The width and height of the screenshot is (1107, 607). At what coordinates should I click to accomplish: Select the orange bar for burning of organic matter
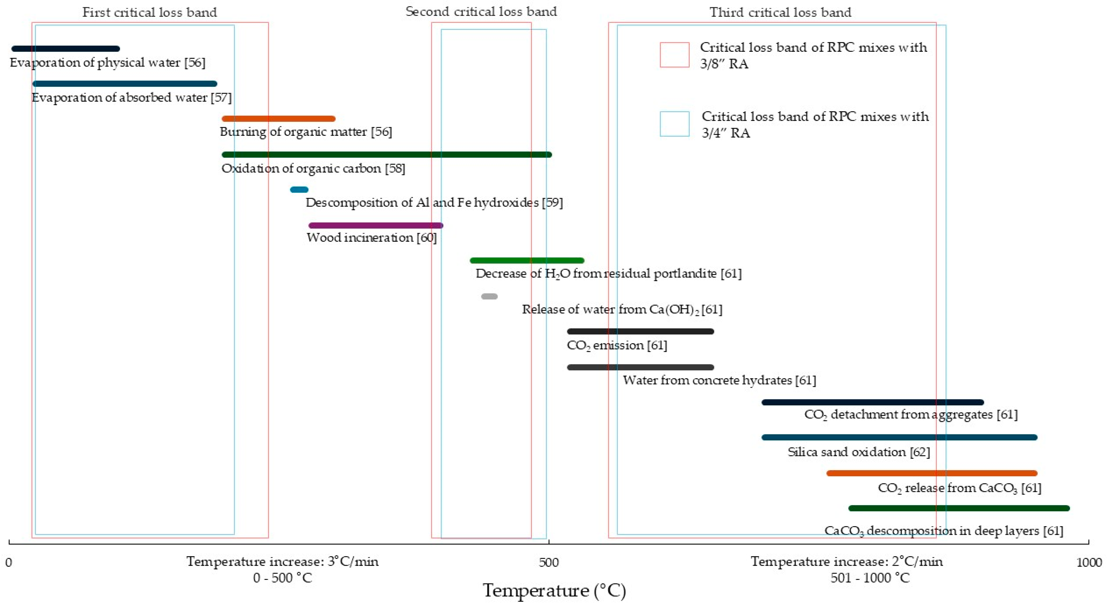coord(278,119)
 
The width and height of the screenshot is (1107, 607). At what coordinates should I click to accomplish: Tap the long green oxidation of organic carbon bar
coord(387,154)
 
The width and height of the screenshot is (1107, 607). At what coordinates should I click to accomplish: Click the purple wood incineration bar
coord(376,225)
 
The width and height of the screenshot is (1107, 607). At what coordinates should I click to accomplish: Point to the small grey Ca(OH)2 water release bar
coord(489,296)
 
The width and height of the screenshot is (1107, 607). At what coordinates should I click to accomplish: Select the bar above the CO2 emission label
coord(640,332)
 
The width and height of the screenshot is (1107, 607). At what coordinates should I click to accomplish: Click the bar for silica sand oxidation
coord(900,437)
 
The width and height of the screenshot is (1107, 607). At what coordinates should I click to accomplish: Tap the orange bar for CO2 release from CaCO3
coord(932,473)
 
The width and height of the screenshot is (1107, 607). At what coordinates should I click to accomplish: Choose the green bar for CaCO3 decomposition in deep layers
coord(959,508)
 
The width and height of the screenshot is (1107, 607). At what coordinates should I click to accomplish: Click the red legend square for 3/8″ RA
coord(674,55)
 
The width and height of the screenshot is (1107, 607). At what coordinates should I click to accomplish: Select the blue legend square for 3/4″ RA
coord(674,124)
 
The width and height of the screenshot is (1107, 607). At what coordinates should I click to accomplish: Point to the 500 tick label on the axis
coord(549,562)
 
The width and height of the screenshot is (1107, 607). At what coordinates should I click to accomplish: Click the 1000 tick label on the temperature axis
coord(1089,562)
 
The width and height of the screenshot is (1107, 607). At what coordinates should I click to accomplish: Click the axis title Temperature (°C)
coord(554,591)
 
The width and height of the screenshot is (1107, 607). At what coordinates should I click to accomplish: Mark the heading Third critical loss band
coord(780,12)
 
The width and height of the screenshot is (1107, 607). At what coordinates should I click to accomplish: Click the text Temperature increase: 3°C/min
coord(282,561)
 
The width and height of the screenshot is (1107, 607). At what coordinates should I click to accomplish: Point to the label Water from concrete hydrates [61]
coord(719,380)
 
